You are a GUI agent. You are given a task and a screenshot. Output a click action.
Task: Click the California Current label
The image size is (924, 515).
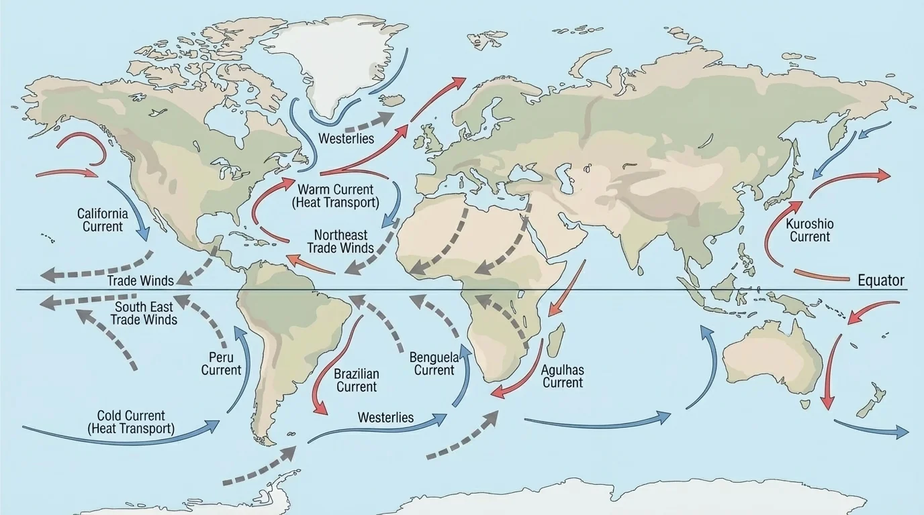(102, 220)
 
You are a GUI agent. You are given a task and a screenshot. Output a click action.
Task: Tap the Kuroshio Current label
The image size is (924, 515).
(809, 230)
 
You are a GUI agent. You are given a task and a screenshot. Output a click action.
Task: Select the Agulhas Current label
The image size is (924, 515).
(563, 376)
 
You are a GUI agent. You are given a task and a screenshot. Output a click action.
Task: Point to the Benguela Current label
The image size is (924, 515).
(434, 363)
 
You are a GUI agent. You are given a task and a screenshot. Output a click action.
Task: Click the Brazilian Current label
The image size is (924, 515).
(357, 380)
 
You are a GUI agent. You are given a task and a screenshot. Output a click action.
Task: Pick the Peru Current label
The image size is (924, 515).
(221, 364)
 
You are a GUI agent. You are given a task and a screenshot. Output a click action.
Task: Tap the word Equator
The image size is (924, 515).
(881, 281)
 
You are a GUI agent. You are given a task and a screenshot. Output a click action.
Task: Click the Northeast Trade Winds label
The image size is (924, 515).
(340, 241)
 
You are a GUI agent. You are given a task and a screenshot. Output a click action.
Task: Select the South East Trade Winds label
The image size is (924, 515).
(144, 313)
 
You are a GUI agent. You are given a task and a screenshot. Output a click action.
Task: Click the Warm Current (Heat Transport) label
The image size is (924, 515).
(335, 195)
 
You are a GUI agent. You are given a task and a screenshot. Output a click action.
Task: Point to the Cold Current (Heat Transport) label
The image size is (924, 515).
(131, 422)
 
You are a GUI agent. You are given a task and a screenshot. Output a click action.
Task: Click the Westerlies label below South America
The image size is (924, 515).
(385, 417)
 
